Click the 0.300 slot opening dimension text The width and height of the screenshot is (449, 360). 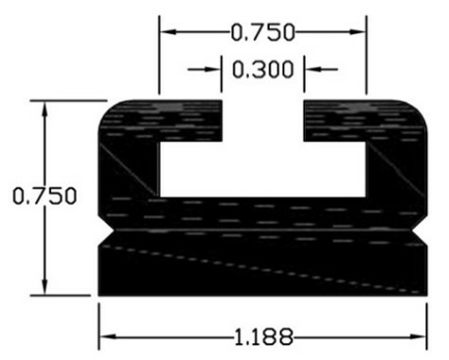tap(261, 69)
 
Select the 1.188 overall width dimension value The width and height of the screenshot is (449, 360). tap(262, 335)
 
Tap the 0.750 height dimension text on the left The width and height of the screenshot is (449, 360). tap(44, 196)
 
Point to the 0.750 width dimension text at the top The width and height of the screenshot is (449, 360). tap(261, 31)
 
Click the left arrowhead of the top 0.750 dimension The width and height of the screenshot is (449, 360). tap(167, 31)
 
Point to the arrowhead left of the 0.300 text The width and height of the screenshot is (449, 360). tap(214, 69)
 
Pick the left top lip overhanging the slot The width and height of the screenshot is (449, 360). tap(189, 119)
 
